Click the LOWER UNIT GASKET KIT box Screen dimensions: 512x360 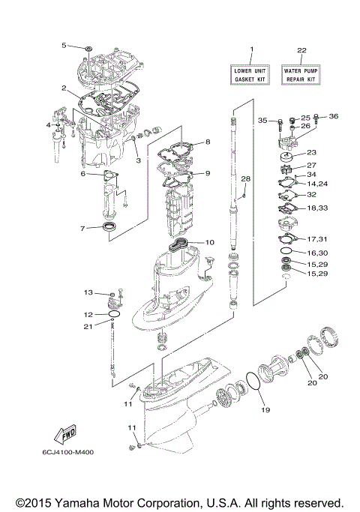252,73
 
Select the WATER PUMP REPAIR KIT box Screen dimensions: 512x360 301,73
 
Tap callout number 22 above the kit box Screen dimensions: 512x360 301,50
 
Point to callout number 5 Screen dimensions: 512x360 64,46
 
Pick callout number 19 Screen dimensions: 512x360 263,411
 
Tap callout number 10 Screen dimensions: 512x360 210,242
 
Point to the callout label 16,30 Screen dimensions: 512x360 316,254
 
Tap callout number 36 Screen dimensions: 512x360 334,115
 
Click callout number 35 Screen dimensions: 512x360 262,120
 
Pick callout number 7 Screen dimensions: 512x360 84,228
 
